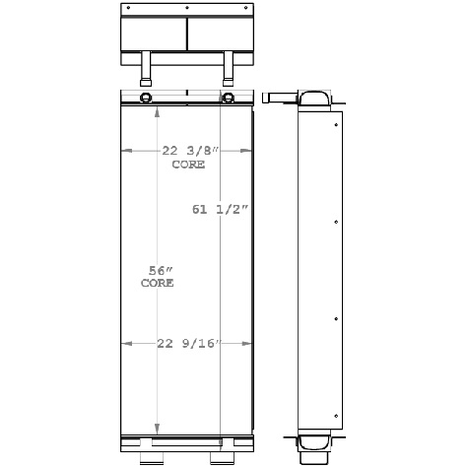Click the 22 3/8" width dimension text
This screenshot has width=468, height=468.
pos(188,151)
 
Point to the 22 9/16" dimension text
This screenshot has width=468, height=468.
pos(188,343)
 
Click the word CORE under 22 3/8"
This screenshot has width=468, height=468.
pos(188,165)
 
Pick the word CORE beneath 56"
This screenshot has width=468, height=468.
pos(158,283)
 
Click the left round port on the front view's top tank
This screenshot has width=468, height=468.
pos(146,98)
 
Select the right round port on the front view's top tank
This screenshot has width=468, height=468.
pos(228,98)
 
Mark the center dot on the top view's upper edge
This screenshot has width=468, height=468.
pos(187,8)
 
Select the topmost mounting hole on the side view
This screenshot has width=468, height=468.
pos(339,124)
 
